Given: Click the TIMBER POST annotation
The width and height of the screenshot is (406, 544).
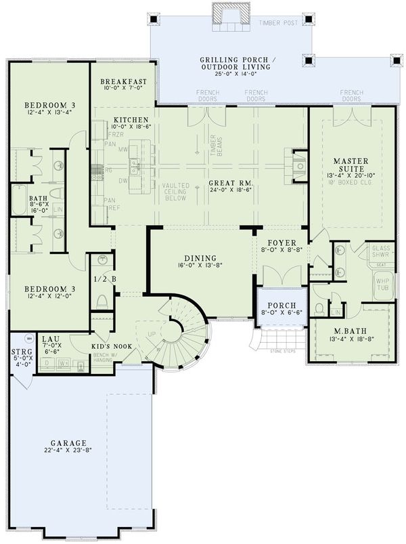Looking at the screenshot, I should [x=277, y=22].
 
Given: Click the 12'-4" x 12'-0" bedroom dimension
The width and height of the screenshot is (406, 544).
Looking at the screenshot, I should [x=45, y=297].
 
